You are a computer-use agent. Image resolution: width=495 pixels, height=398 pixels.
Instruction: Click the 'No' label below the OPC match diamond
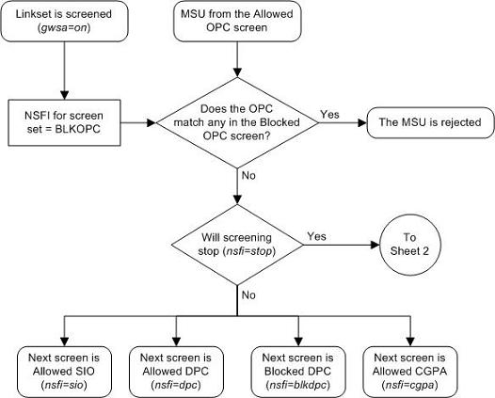pyautogui.click(x=247, y=174)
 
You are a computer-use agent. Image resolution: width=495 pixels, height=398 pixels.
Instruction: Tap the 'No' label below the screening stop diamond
pyautogui.click(x=247, y=295)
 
